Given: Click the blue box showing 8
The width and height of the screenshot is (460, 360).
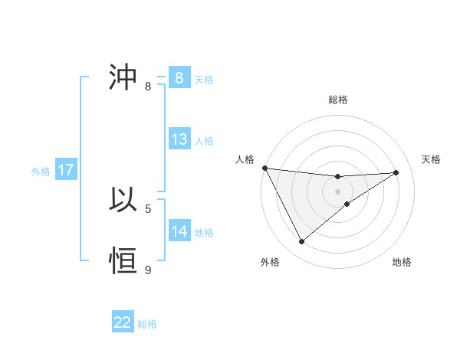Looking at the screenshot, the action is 179,78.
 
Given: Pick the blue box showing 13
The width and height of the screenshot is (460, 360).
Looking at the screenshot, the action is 179,139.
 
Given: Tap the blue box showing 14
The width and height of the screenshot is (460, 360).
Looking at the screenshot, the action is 179,231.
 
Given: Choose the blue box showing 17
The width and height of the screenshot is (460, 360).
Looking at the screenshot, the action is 66,170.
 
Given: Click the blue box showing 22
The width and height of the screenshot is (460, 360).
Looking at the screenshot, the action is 123,322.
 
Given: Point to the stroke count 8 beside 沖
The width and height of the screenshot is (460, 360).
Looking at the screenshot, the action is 148,86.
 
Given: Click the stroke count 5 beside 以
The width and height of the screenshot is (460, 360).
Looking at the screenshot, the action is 148,208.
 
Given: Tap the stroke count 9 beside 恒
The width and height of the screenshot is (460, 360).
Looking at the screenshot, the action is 148,270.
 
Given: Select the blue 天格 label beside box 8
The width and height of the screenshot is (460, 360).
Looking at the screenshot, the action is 204,80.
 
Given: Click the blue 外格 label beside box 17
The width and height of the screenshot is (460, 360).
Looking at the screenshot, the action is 41,172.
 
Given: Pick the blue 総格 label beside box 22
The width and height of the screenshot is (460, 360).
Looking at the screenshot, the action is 147,324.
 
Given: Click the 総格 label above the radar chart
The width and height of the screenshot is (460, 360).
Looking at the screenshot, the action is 337,100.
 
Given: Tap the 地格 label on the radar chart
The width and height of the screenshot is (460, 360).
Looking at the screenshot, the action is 402,262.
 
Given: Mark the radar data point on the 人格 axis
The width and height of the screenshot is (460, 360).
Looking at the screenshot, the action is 264,168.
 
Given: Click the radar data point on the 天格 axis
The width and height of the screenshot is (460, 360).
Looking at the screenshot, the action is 396,172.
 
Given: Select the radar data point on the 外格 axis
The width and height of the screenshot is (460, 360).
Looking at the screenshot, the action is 301,242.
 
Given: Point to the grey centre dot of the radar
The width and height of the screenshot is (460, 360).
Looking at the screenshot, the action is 337,191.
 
